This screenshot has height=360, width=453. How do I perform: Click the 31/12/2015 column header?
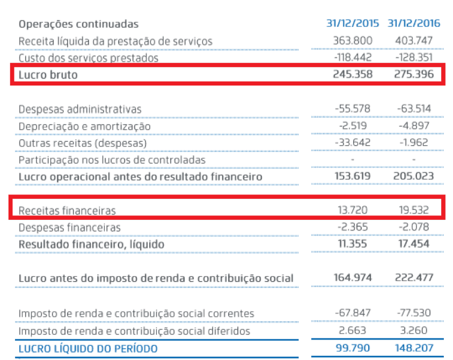tap(352, 24)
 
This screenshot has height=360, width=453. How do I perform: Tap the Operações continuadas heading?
tap(78, 24)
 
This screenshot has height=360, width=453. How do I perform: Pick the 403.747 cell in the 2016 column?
tap(413, 41)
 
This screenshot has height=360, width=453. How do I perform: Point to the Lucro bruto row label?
tap(48, 75)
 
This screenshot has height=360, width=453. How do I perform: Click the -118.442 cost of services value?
tap(350, 57)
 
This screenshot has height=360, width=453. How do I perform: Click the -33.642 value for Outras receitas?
tap(351, 143)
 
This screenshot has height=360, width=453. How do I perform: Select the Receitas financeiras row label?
tap(67, 210)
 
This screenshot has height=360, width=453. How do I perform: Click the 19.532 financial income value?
tap(413, 210)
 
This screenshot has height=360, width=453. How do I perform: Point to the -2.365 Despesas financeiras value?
tap(352, 227)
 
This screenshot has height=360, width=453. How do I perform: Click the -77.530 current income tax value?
tap(413, 313)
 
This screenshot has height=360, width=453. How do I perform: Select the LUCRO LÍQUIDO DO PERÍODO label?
tap(88, 349)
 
